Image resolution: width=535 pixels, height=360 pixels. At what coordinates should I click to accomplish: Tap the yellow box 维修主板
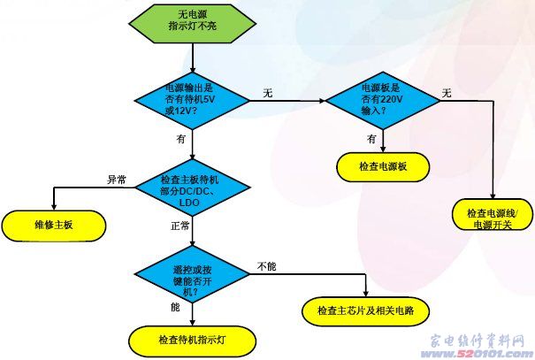tap(56, 225)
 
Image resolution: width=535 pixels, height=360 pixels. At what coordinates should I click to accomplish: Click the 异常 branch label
tap(117, 180)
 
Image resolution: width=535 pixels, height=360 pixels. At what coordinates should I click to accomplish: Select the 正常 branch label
tap(180, 226)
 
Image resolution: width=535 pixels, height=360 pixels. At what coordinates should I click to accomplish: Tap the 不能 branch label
tap(267, 265)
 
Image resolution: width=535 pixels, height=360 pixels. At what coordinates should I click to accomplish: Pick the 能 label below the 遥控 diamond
tap(175, 307)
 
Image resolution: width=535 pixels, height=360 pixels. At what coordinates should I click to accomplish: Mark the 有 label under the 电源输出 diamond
tap(181, 139)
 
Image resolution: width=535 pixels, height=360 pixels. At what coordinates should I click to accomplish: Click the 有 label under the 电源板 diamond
tap(372, 138)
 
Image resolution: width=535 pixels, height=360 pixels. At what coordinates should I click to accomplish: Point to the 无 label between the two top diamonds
tap(266, 91)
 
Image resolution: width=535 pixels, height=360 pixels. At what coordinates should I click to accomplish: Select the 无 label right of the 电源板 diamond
tap(447, 93)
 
